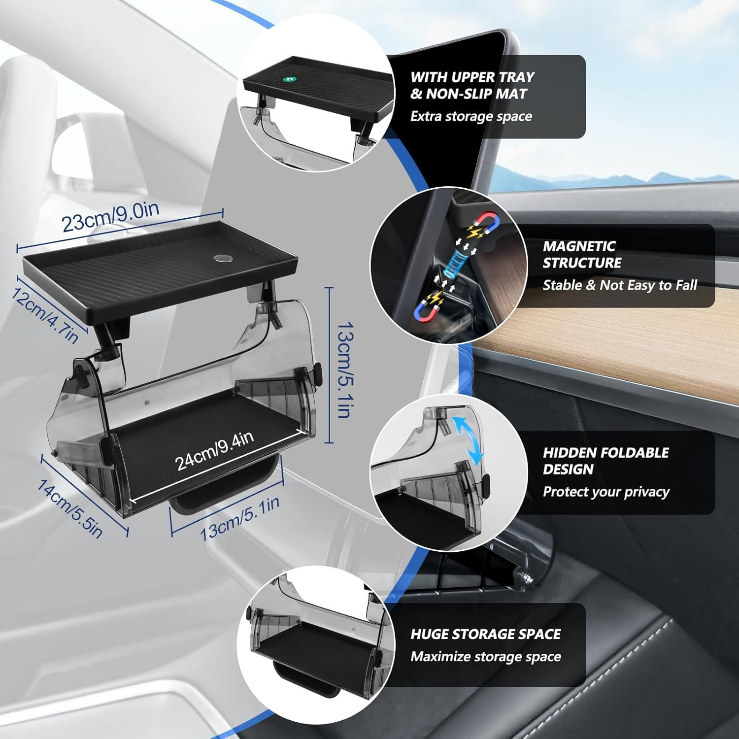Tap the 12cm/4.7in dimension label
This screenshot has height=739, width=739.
pos(44,315)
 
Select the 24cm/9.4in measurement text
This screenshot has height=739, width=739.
pos(215,450)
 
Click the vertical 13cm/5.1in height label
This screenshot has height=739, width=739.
pos(344,369)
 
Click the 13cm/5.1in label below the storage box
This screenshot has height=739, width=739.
pos(240,518)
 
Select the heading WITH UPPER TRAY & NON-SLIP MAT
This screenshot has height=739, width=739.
pos(472,85)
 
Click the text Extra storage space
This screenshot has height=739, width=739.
pos(471,116)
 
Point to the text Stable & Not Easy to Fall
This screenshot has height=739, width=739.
pos(620,285)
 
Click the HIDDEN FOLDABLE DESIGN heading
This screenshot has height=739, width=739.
pos(605,461)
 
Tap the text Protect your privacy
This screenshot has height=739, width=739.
pos(605,492)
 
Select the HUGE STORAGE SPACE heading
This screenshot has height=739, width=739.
pos(485,634)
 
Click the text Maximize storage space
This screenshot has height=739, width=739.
pos(485,657)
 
